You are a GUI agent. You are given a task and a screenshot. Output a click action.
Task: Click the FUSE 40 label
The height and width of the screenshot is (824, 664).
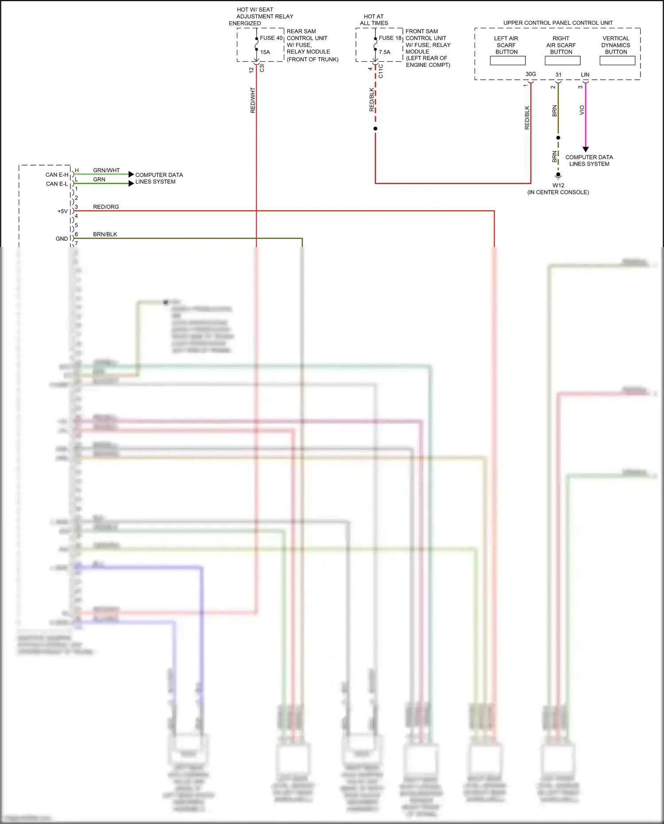[x=271, y=38]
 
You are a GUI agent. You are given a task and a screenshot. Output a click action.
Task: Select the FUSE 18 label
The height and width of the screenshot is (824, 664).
[x=390, y=38]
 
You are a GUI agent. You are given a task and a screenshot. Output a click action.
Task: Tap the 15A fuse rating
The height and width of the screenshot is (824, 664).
[x=265, y=52]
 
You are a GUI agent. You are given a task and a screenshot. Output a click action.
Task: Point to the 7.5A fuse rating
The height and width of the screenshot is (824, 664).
[x=384, y=52]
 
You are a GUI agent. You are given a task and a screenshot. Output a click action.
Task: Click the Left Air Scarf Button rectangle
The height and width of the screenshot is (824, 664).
[x=507, y=61]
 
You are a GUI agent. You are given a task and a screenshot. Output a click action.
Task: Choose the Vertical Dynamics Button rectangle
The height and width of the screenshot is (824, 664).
[x=617, y=61]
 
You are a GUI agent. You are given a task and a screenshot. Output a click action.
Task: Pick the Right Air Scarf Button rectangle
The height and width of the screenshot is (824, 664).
[x=562, y=61]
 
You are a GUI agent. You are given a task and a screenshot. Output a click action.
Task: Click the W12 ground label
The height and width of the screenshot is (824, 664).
[x=558, y=186]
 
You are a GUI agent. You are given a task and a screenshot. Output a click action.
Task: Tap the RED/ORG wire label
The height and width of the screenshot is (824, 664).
[x=106, y=207]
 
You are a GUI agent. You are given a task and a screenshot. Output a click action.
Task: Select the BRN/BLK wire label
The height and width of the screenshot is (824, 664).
[x=105, y=234]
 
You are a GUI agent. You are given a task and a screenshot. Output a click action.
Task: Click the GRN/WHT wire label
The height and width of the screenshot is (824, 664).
[x=106, y=170]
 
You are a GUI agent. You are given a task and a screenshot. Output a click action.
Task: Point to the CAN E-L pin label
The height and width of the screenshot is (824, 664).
[x=57, y=184]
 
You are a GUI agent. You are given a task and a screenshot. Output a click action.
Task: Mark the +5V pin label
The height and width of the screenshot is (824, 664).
[x=62, y=211]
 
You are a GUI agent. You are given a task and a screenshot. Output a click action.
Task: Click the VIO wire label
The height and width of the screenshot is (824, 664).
[x=582, y=110]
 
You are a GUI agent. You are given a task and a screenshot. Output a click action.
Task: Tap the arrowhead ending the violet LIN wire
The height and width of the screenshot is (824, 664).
[x=585, y=150]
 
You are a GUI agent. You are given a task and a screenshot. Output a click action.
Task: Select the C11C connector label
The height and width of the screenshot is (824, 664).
[x=381, y=71]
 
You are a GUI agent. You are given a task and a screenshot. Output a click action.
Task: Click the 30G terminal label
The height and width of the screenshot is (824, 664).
[x=530, y=74]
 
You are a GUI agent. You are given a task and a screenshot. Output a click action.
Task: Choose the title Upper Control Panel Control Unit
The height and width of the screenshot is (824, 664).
[x=558, y=23]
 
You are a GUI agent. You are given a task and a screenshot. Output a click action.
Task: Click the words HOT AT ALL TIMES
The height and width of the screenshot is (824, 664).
[x=374, y=19]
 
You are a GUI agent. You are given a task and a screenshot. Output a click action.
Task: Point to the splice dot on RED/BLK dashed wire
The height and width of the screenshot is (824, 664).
[x=375, y=129]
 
